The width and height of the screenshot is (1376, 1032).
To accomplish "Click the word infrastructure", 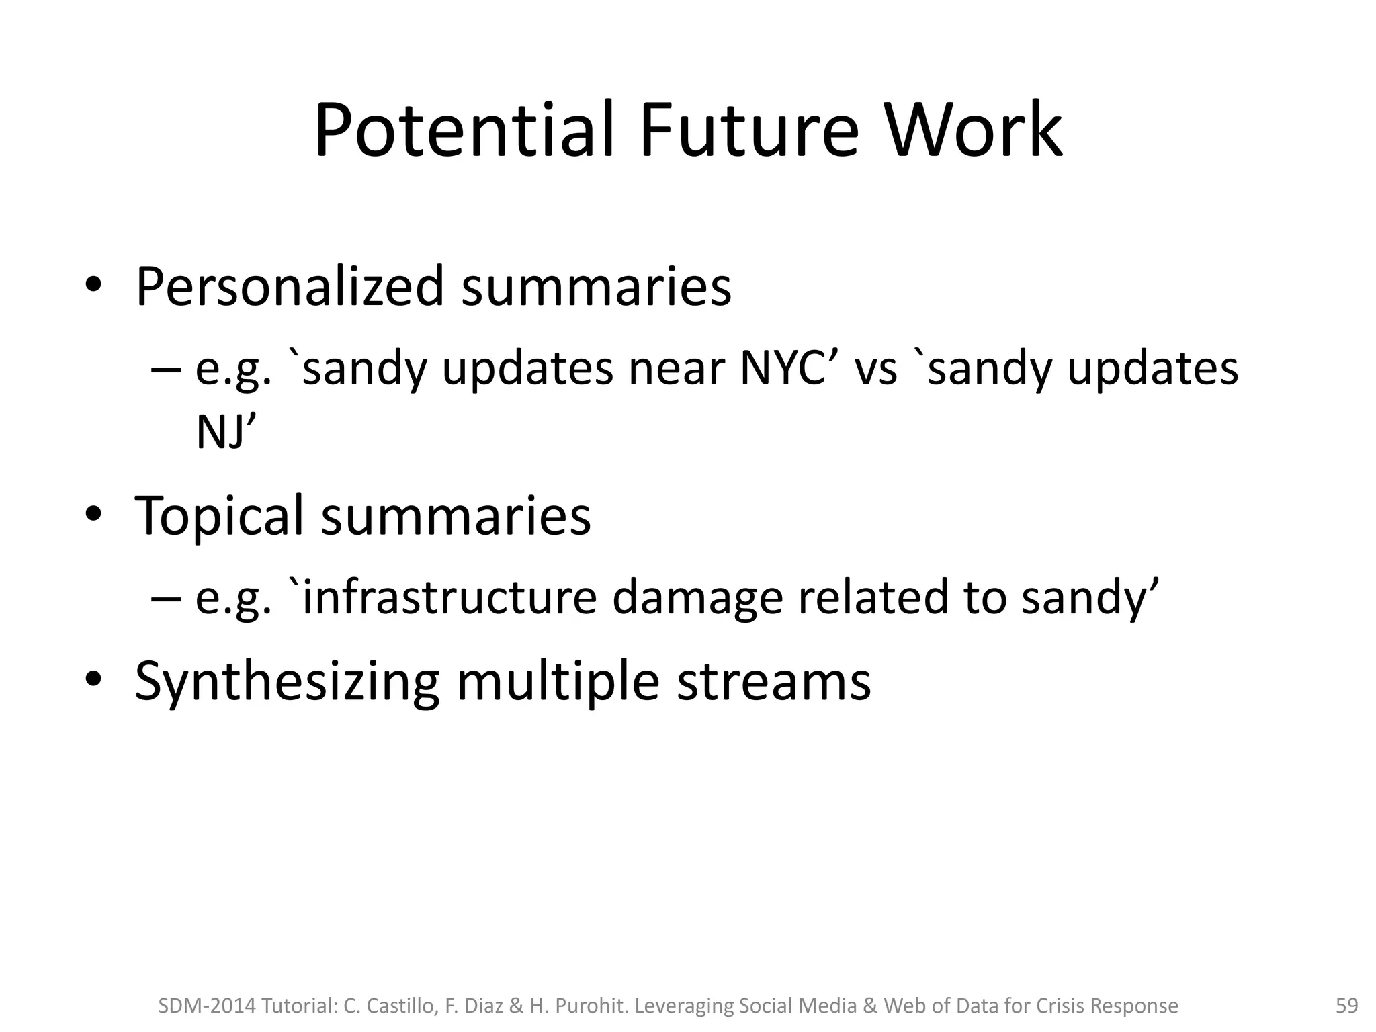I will click(x=449, y=597).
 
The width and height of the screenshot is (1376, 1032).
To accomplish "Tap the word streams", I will click(x=773, y=681).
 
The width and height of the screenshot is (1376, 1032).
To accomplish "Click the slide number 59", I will click(x=1346, y=1006).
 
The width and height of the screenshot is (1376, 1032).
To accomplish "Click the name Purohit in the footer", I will click(x=592, y=1006).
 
